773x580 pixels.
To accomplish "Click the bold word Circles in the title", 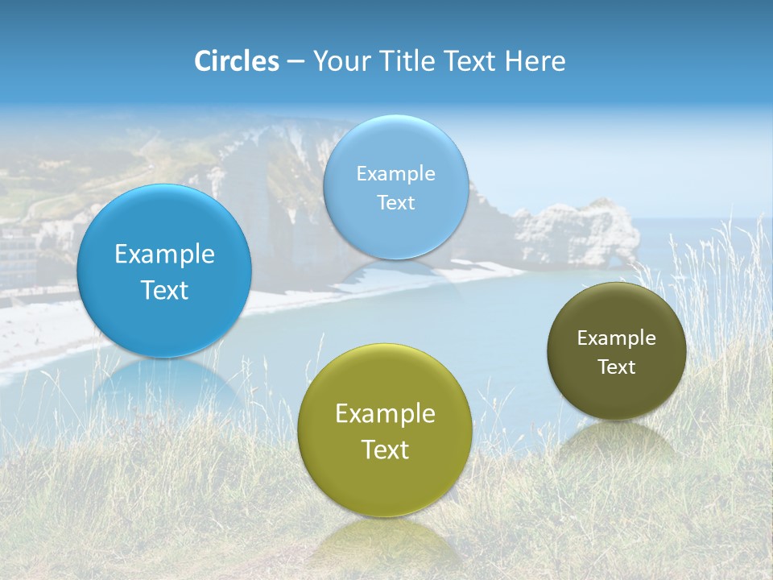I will coord(236,61).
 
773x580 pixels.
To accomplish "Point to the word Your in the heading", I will coord(339,61).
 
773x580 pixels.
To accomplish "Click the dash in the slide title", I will coord(295,62).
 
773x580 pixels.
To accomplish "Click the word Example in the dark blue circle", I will coord(164,255).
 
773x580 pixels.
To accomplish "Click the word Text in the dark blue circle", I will coord(164,290).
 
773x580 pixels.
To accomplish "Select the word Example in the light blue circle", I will coord(395,174).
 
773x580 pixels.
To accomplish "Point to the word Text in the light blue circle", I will coord(395,203).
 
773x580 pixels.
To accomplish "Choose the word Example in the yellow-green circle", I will coord(385,414).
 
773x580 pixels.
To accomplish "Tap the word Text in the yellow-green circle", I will coord(385,449).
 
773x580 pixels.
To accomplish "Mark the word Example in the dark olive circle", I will coord(616,338).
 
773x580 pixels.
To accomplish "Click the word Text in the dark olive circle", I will coord(616,367).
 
